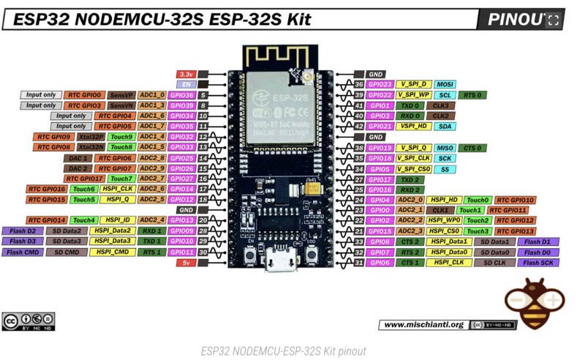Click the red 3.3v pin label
(x=185, y=75)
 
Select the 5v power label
(x=186, y=263)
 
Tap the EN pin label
(x=185, y=85)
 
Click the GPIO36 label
(x=181, y=95)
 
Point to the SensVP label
(x=121, y=95)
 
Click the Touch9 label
(x=121, y=137)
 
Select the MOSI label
(x=445, y=85)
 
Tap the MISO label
(x=445, y=148)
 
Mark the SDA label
(x=445, y=127)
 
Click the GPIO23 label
(x=380, y=85)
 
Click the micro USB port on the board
(x=282, y=263)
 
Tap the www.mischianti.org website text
(x=423, y=324)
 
